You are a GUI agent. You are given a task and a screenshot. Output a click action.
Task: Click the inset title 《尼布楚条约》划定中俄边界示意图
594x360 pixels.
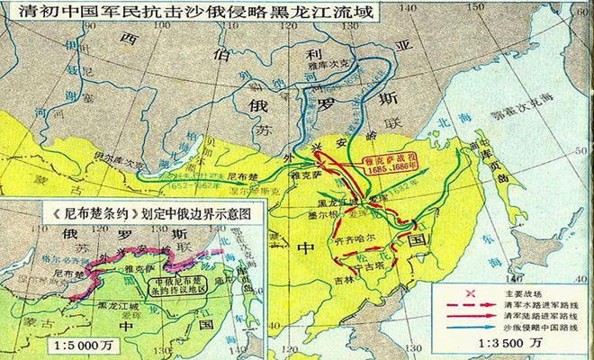[135, 212]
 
